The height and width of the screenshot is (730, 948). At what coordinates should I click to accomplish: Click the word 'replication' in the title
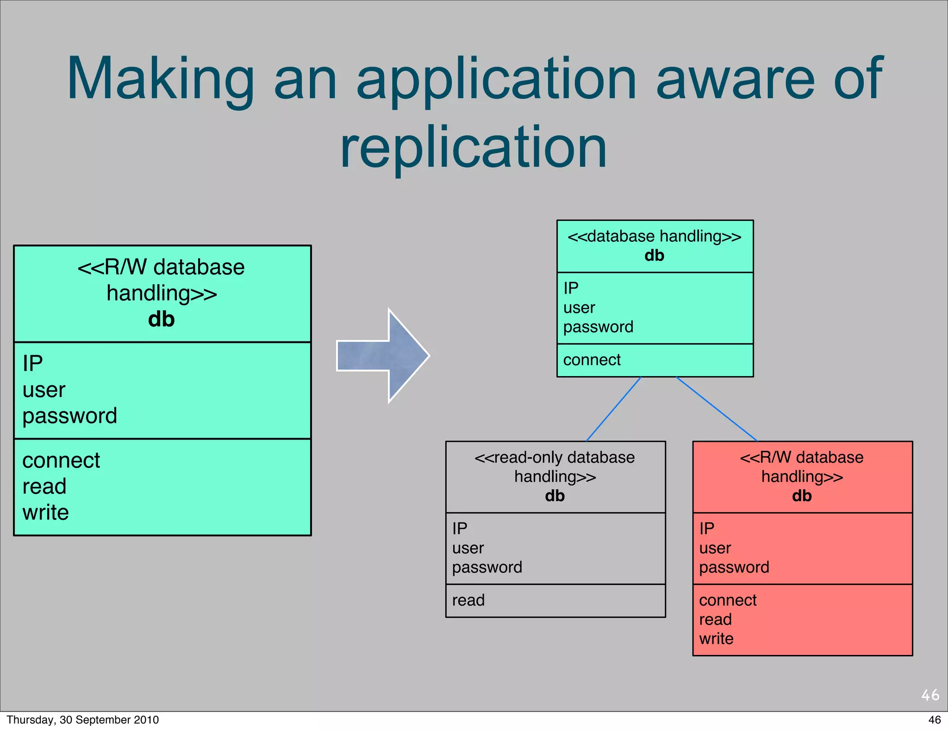click(x=473, y=148)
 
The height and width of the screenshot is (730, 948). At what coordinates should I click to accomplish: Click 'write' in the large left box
click(x=46, y=513)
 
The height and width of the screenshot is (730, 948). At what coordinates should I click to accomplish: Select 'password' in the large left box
click(x=70, y=416)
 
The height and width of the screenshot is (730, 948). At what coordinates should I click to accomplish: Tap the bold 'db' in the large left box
click(x=161, y=320)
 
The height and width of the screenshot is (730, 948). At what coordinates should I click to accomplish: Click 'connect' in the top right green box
click(x=592, y=360)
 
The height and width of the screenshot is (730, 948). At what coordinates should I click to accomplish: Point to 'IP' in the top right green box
click(x=571, y=289)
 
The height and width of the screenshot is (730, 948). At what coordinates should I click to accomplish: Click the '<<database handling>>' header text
click(x=654, y=237)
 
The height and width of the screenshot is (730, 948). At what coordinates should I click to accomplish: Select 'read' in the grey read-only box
click(x=468, y=600)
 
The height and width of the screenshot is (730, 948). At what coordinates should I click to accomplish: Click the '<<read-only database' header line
click(x=555, y=458)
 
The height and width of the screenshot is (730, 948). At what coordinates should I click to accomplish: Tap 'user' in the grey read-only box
click(x=468, y=548)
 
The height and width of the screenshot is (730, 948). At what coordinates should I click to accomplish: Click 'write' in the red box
click(x=716, y=639)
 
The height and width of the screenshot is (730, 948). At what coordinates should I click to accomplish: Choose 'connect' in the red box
click(x=728, y=600)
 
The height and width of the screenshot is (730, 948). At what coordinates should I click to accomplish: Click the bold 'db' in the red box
click(x=802, y=496)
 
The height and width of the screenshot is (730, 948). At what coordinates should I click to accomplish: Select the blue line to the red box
click(x=717, y=409)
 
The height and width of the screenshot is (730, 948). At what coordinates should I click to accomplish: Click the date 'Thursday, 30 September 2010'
click(x=82, y=720)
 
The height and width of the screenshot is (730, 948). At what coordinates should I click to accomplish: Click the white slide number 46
click(x=930, y=695)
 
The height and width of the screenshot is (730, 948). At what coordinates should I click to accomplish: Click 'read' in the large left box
click(x=44, y=487)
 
